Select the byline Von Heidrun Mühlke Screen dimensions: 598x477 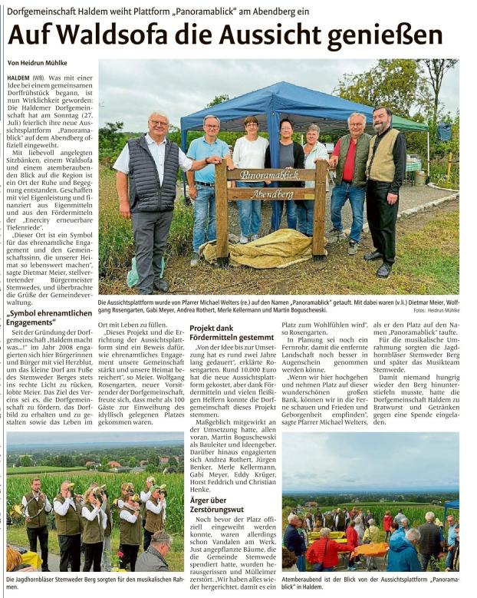37,63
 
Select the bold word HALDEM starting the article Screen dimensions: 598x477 18,79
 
